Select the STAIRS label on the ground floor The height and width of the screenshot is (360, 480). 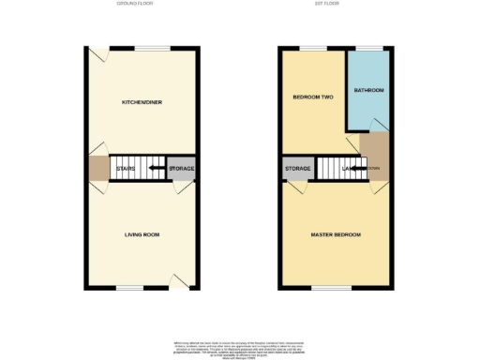click(125, 169)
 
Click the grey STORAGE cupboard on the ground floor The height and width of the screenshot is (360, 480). click(181, 169)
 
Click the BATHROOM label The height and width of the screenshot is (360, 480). click(368, 90)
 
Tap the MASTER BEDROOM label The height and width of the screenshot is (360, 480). click(336, 234)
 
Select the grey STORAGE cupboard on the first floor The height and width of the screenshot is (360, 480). click(298, 169)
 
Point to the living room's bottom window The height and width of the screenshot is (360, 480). click(130, 289)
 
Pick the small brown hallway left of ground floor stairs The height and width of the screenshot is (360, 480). click(98, 169)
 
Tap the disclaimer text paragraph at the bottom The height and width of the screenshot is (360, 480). click(240, 348)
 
